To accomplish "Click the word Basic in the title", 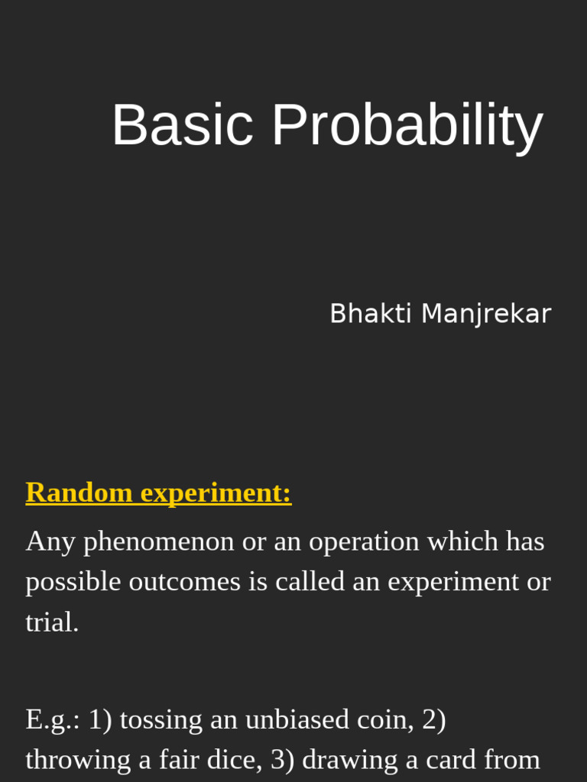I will (182, 125).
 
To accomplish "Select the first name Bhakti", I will (371, 314).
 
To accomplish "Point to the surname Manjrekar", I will (485, 315).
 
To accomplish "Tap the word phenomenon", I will (159, 542).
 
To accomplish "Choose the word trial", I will (52, 622).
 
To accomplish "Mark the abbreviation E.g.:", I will (53, 720).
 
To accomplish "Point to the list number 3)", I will (283, 760).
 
